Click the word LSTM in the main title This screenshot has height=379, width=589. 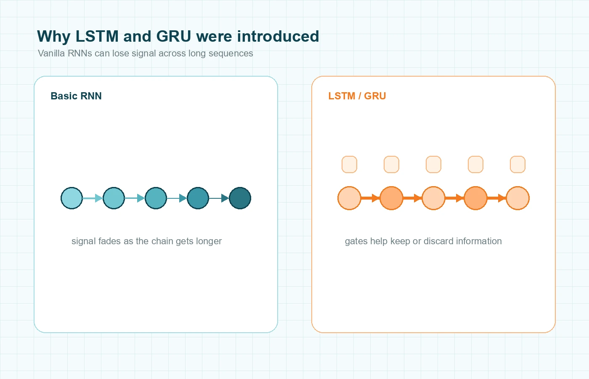pos(97,37)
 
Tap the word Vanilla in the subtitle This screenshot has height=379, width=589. pos(51,53)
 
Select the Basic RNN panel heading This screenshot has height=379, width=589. pos(76,96)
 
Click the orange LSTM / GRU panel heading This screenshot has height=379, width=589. pos(357,96)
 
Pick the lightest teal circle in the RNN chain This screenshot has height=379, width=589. pos(72,198)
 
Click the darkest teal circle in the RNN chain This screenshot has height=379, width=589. pos(240,198)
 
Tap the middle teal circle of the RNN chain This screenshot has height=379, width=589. pos(156,198)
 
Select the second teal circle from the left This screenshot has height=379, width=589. pos(114,198)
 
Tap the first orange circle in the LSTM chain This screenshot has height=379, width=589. pos(349,198)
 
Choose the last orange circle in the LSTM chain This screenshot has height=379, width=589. pos(517,198)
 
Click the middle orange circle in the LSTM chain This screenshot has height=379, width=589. pos(433,198)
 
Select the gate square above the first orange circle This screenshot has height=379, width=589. pos(349,165)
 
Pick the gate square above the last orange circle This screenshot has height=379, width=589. pos(517,165)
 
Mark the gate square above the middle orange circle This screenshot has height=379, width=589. pos(433,165)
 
